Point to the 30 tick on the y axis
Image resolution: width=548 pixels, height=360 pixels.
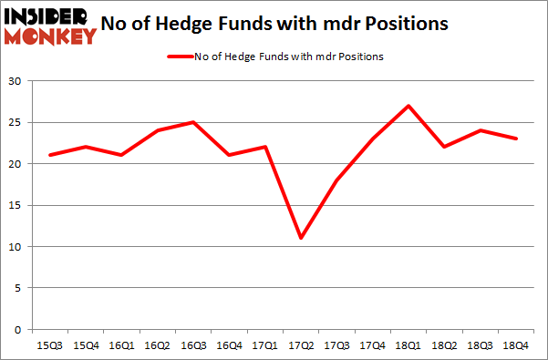point(16,82)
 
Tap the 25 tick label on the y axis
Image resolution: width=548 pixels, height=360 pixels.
point(16,123)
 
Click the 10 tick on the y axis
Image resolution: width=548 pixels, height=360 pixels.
point(16,247)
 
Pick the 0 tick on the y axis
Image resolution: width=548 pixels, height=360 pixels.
point(19,330)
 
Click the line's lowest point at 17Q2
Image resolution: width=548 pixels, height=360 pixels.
point(301,238)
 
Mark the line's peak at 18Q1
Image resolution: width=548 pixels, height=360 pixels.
point(408,106)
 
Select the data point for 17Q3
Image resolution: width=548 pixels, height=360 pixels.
point(336,180)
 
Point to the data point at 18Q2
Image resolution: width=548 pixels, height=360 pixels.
point(443,147)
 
